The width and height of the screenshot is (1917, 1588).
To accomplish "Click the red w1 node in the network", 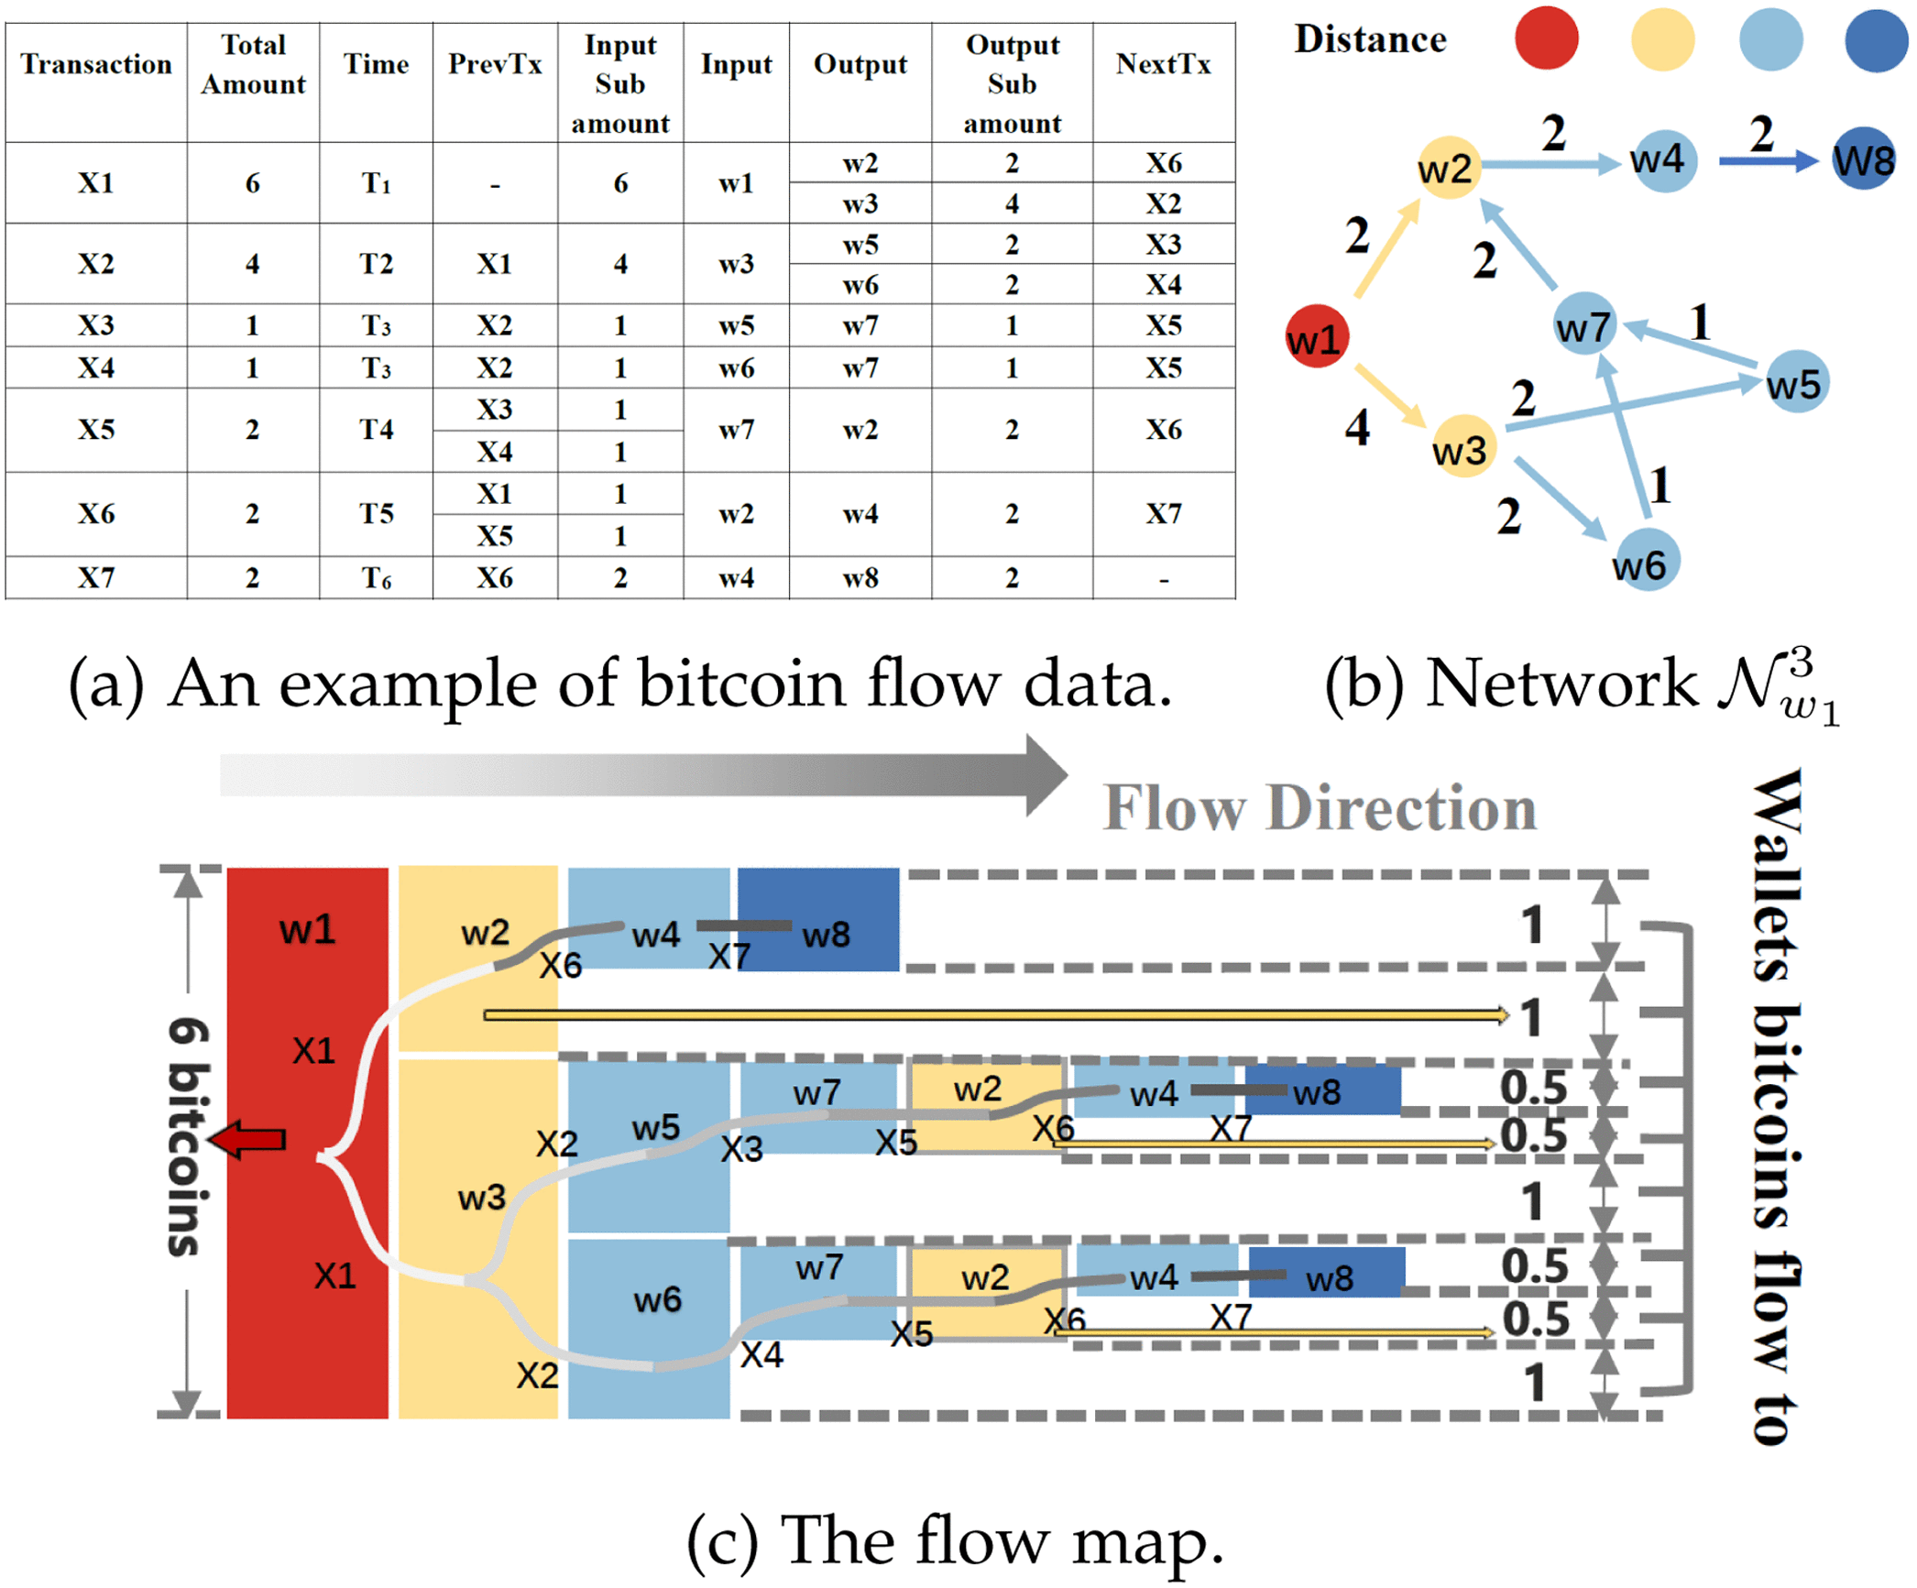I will click(x=1315, y=336).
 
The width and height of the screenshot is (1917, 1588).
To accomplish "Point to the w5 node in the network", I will click(x=1794, y=382).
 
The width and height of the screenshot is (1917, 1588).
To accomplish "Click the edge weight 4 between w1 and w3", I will click(x=1356, y=428).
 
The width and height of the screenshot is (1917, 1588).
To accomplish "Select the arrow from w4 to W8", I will click(x=1767, y=161).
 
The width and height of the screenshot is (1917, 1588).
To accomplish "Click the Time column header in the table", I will click(x=376, y=64).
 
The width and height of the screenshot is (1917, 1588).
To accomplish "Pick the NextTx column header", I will click(x=1162, y=64).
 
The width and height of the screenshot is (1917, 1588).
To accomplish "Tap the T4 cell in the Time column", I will click(x=376, y=429).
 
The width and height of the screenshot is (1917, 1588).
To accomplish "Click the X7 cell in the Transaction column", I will click(x=95, y=577).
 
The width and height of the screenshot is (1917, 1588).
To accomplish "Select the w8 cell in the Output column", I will click(x=860, y=577).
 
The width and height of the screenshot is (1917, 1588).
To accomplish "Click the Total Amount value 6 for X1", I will click(x=252, y=182).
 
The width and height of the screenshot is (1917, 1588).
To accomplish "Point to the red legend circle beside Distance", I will click(x=1545, y=38).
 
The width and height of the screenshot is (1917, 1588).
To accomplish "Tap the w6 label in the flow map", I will click(x=657, y=1298).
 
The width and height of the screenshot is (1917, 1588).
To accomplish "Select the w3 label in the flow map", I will click(x=481, y=1197).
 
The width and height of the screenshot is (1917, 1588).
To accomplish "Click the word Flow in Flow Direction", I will click(x=1174, y=808).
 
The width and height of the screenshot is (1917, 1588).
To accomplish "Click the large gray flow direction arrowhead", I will click(x=1045, y=775).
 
